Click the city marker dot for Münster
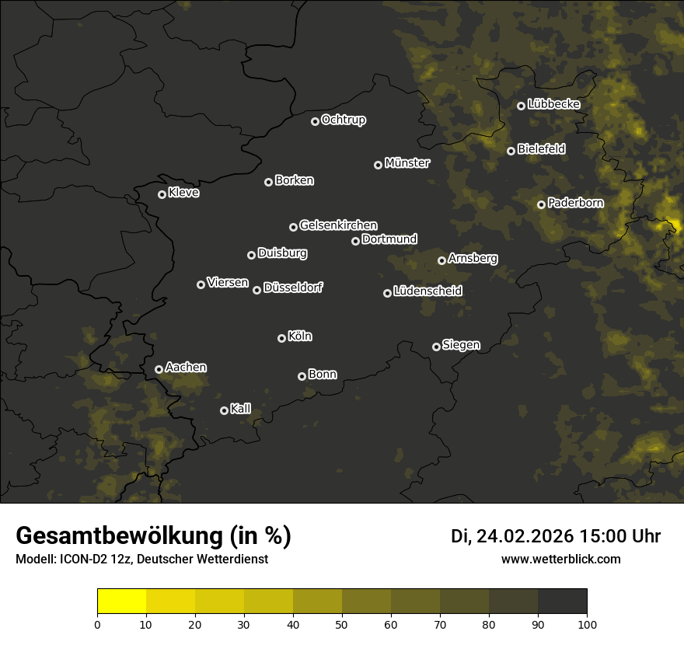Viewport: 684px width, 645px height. pyautogui.click(x=378, y=165)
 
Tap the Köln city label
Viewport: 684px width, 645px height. pyautogui.click(x=300, y=336)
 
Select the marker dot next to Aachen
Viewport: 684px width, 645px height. pyautogui.click(x=159, y=369)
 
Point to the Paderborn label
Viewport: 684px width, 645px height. pyautogui.click(x=575, y=203)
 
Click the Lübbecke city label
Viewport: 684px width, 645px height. pyautogui.click(x=553, y=104)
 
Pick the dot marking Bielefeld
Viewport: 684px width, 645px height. pyautogui.click(x=511, y=151)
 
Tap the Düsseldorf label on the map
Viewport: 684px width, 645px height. pyautogui.click(x=293, y=288)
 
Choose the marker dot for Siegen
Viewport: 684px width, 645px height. pyautogui.click(x=436, y=347)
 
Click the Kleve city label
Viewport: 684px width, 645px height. pyautogui.click(x=183, y=193)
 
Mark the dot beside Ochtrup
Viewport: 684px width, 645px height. pyautogui.click(x=315, y=121)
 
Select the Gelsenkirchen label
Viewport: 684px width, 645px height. pyautogui.click(x=338, y=225)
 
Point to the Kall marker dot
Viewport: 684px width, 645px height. pyautogui.click(x=224, y=410)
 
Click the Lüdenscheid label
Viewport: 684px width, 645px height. pyautogui.click(x=427, y=291)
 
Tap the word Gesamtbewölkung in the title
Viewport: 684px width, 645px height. pyautogui.click(x=117, y=536)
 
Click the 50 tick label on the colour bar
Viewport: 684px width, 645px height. pyautogui.click(x=342, y=623)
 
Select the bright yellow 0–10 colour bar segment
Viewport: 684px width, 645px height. pyautogui.click(x=122, y=601)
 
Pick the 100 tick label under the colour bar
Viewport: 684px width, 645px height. pyautogui.click(x=586, y=623)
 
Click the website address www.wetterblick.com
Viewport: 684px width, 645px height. pyautogui.click(x=560, y=559)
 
